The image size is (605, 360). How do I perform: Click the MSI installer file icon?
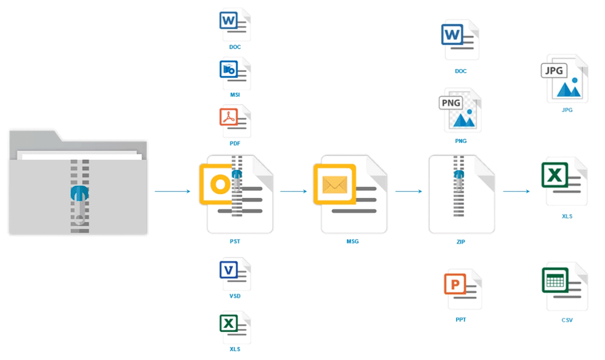(x=235, y=74)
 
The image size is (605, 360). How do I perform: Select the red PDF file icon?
(x=235, y=121)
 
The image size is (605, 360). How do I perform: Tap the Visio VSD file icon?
(x=235, y=274)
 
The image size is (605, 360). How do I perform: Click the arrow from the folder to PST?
(x=172, y=191)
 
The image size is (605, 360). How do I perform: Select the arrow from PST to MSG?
(x=293, y=191)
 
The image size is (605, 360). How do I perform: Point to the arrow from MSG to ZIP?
(x=408, y=191)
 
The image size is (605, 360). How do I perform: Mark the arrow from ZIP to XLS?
(x=516, y=191)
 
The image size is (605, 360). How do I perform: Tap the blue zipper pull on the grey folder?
(x=79, y=194)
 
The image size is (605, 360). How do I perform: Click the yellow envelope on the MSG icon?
(x=335, y=185)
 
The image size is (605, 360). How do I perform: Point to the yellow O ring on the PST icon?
(x=220, y=185)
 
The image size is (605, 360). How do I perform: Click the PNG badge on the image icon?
(x=451, y=103)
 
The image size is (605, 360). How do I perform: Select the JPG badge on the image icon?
(x=554, y=71)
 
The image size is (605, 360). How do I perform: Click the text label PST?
(x=235, y=241)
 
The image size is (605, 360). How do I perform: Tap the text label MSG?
(x=353, y=241)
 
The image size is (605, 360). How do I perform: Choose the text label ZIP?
(x=460, y=242)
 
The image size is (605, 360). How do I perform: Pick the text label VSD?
(x=235, y=296)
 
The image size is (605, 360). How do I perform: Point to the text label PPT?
(x=460, y=320)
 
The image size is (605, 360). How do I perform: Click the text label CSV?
(x=567, y=320)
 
